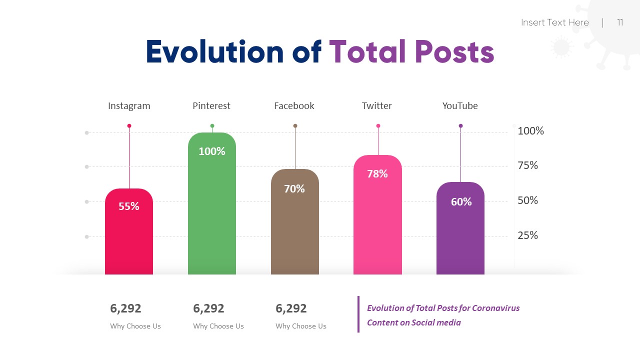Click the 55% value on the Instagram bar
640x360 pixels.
(129, 206)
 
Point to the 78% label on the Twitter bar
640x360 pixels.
(377, 173)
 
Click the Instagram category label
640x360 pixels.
(129, 105)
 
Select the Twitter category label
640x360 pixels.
(376, 105)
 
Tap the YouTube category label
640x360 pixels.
(460, 105)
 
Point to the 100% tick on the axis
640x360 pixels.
(530, 131)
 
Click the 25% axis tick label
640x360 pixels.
(527, 235)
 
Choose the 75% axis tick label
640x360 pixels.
(527, 165)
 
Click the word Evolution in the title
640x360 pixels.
(215, 52)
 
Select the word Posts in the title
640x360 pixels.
(454, 52)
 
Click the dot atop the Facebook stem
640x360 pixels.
(295, 126)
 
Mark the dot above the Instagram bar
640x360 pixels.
(129, 126)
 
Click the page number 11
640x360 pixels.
(620, 22)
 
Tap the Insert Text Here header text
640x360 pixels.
(554, 22)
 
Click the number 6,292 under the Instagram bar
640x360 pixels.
(125, 308)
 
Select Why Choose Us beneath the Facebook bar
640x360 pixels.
(300, 326)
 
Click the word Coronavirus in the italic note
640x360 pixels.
(495, 308)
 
